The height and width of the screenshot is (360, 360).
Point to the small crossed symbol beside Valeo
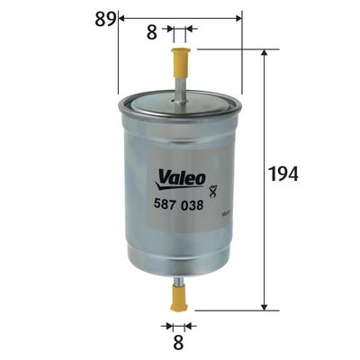tap(212, 190)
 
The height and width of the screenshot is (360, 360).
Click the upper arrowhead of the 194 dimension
tap(264, 53)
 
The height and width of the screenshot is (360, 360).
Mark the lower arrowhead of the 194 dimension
tap(264, 306)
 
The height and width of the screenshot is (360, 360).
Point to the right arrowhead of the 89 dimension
tap(238, 16)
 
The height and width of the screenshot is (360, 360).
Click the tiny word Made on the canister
tap(226, 212)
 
